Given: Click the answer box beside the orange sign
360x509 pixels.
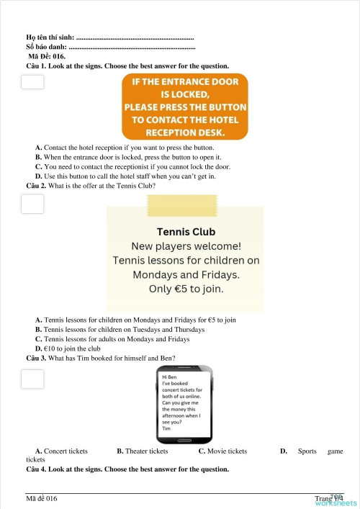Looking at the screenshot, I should click(32, 81).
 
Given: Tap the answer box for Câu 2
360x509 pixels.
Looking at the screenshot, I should click(32, 204).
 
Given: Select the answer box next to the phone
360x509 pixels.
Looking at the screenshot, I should click(32, 378).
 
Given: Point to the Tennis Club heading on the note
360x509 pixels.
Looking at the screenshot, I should click(186, 232).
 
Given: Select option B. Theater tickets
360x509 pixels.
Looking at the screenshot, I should click(142, 451).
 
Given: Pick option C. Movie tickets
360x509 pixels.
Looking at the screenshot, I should click(222, 451).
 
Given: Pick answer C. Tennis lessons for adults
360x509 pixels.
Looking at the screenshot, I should click(112, 339).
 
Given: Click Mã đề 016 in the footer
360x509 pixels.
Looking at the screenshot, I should click(42, 498).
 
